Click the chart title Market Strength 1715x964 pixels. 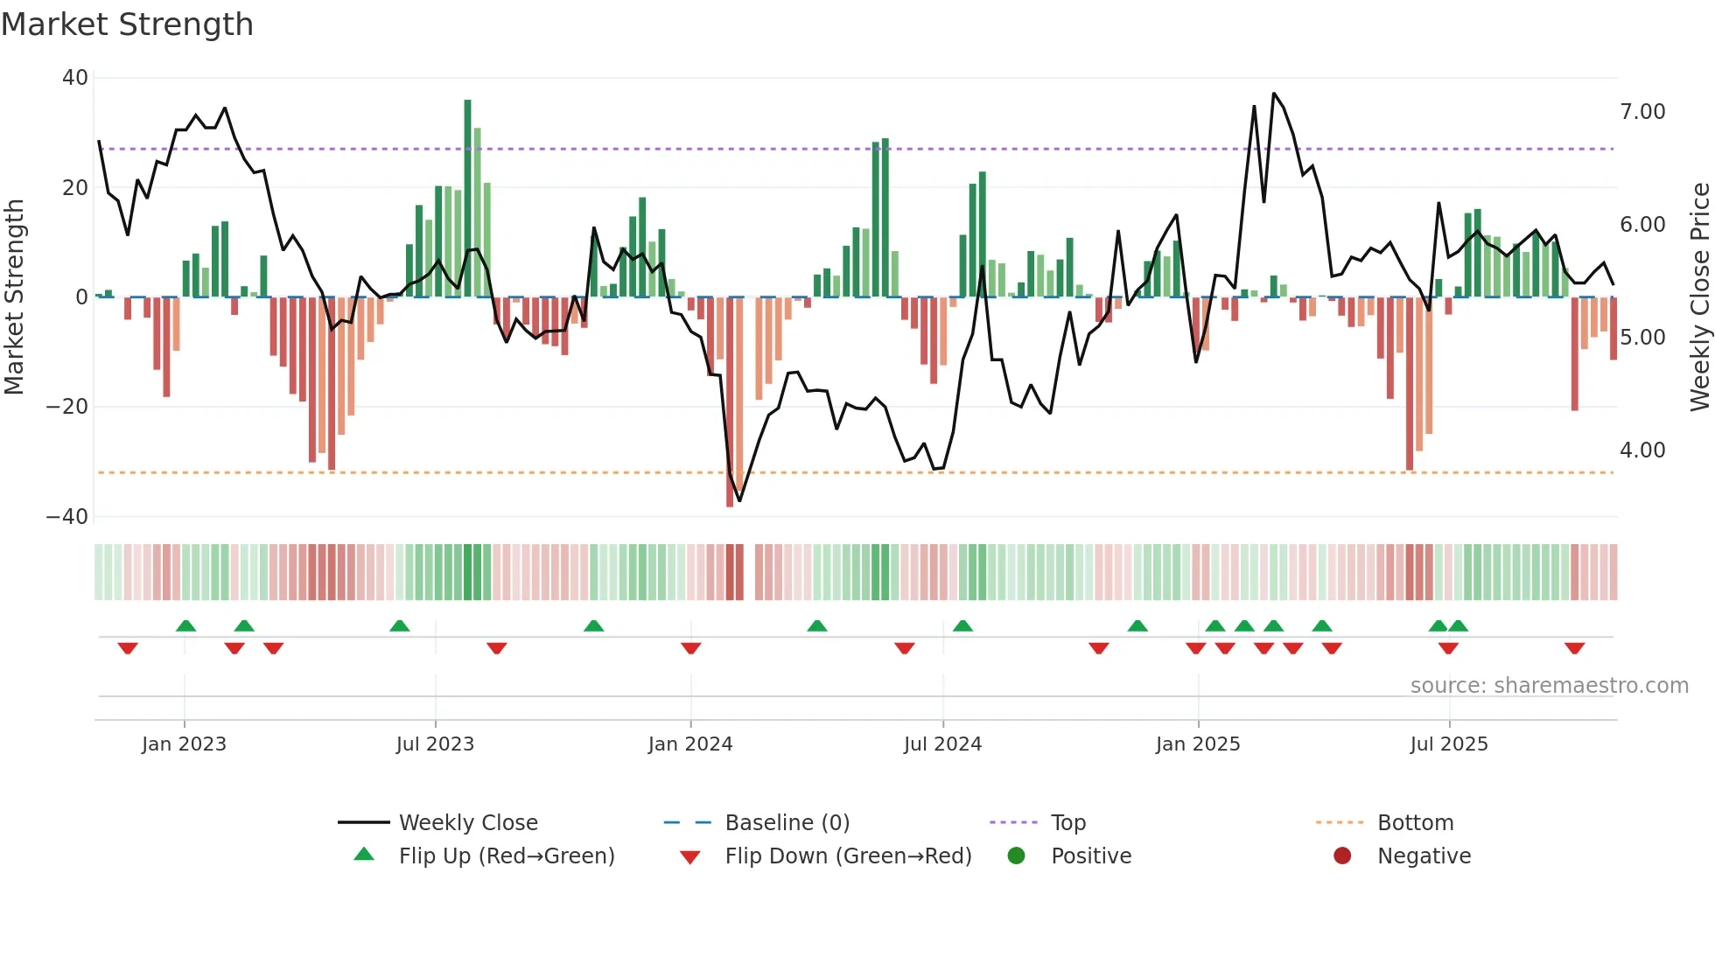coord(127,24)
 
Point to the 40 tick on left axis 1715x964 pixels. coord(75,78)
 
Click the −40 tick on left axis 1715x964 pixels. coord(67,517)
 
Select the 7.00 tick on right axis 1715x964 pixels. coord(1642,112)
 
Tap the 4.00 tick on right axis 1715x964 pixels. coord(1642,451)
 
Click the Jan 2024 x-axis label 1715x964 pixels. coord(690,744)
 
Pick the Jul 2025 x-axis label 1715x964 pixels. coord(1449,744)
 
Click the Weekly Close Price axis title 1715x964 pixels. coord(1699,297)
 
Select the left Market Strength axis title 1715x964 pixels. coord(14,297)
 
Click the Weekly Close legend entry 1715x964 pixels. coord(468,823)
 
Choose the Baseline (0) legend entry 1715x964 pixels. coord(787,823)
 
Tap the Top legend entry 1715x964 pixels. coord(1067,823)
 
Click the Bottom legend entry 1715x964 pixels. coord(1415,823)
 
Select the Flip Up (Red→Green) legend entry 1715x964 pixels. coord(506,856)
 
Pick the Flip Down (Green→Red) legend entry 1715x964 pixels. coord(848,856)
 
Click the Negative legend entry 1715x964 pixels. coord(1424,856)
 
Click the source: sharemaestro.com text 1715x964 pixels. coord(1549,686)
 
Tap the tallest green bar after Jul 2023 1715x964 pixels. coord(467,198)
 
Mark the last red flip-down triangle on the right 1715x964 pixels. coord(1574,648)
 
